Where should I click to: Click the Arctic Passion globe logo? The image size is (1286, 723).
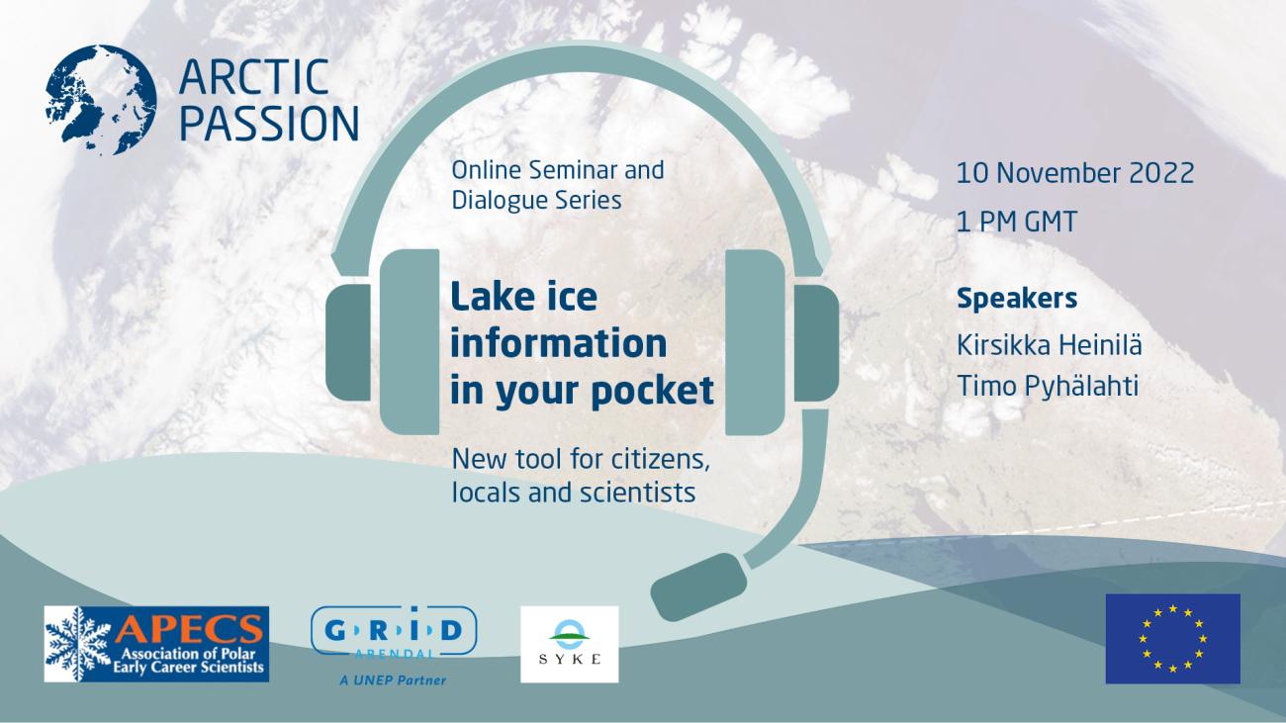coord(100,99)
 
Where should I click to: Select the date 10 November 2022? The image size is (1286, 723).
coord(1075,173)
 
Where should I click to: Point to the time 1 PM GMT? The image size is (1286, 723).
coord(1016,222)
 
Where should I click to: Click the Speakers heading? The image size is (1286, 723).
coord(1017,298)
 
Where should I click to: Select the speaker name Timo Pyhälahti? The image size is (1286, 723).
coord(1048,386)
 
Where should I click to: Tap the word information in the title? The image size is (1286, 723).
coord(558,344)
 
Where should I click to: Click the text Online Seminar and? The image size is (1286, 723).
coord(557,169)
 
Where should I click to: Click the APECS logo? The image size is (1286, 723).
coord(156,644)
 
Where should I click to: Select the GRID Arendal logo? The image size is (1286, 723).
coord(394,634)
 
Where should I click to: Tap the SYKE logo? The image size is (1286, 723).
coord(569,644)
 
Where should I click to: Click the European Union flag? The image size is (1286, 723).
coord(1172,638)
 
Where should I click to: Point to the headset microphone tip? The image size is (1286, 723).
coord(698,586)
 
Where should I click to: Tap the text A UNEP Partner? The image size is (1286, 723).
coord(394,679)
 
